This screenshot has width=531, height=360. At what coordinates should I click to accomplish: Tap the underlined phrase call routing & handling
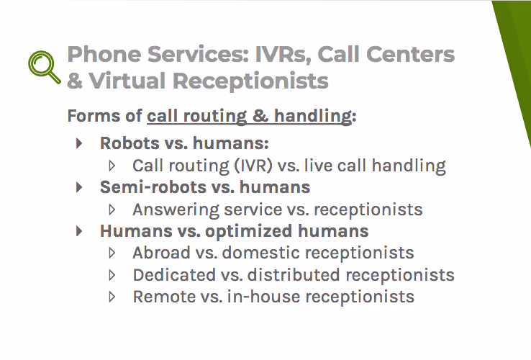pyautogui.click(x=250, y=116)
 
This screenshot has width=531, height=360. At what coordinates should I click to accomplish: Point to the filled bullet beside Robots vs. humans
pyautogui.click(x=79, y=143)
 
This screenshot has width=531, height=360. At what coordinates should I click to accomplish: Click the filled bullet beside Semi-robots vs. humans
pyautogui.click(x=79, y=187)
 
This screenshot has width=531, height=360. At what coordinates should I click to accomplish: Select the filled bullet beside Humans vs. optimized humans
pyautogui.click(x=79, y=231)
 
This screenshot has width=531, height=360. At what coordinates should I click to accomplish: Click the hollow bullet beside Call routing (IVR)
pyautogui.click(x=112, y=166)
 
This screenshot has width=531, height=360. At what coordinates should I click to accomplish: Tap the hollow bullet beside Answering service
pyautogui.click(x=112, y=210)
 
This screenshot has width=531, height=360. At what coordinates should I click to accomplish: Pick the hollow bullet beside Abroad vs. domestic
pyautogui.click(x=112, y=253)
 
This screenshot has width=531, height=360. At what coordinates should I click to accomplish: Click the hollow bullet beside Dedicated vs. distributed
pyautogui.click(x=112, y=275)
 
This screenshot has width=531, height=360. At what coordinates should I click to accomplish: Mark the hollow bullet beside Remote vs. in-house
pyautogui.click(x=112, y=297)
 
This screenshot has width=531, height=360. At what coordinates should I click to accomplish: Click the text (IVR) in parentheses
pyautogui.click(x=252, y=166)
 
